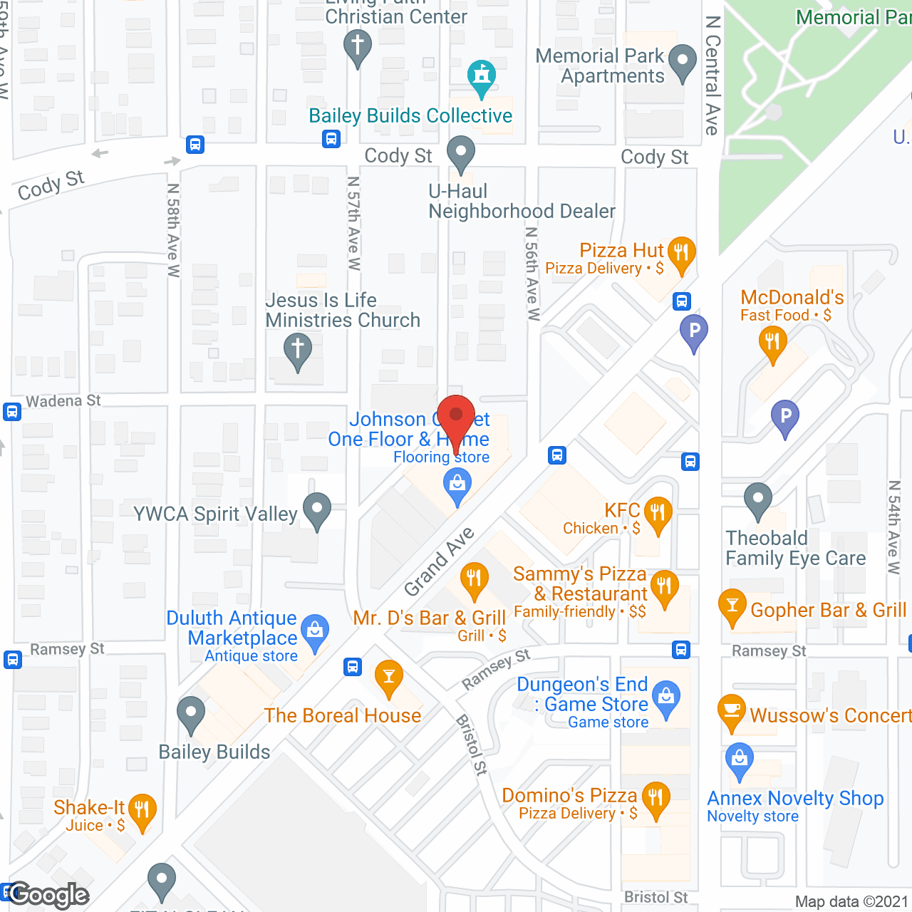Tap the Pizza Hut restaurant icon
tap(681, 254)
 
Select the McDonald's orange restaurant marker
tap(772, 342)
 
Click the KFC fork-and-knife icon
tap(658, 513)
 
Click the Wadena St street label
tap(63, 401)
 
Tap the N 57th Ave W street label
tap(354, 224)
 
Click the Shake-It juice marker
tap(142, 810)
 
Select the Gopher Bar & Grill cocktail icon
tap(732, 606)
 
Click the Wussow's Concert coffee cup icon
tap(732, 711)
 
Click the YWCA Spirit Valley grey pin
tap(317, 510)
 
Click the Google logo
tap(48, 895)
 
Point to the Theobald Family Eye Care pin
tap(758, 500)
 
